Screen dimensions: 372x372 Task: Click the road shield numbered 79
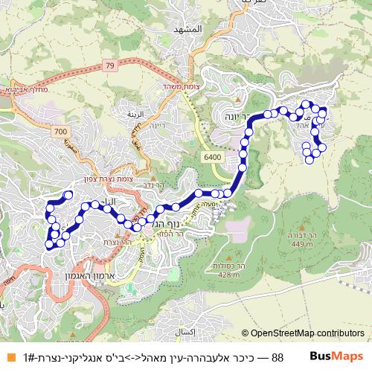coord(109,67)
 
